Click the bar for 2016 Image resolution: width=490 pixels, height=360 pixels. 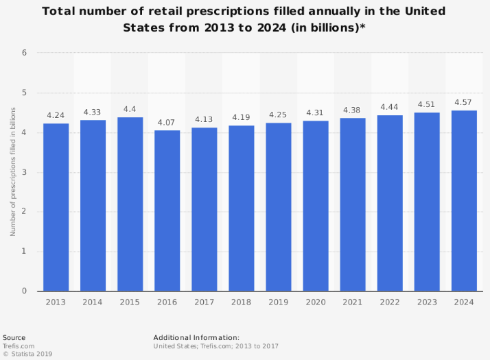coord(167,211)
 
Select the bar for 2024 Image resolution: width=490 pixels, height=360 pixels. coord(464,200)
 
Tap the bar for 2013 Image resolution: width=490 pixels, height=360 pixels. coord(56,207)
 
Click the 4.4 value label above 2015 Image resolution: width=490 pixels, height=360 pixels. coord(130,109)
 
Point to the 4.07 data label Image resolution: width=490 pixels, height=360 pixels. coord(167,122)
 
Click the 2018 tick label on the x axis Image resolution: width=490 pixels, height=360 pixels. coord(242,301)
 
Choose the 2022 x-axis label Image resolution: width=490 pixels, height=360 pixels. coord(390,301)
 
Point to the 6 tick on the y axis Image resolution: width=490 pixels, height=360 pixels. coord(24,53)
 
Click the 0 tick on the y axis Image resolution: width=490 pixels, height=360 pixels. coord(24,291)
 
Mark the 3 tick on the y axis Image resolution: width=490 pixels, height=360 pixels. coord(24,172)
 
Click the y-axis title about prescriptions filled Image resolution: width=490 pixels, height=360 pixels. coord(12,171)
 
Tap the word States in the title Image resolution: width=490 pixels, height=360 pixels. coord(142,27)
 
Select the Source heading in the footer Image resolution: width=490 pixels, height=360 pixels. coord(14,337)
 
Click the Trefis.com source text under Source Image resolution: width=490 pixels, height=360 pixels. coord(19,346)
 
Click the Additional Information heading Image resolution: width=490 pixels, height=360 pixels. coord(196,337)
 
